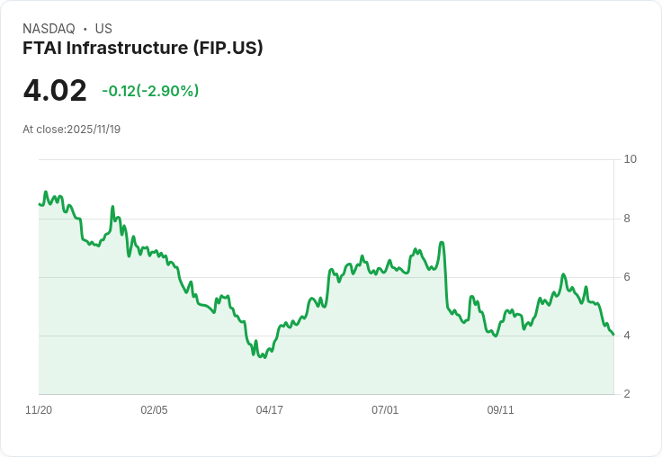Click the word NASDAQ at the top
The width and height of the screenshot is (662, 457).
(49, 29)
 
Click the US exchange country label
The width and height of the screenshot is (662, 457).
(103, 29)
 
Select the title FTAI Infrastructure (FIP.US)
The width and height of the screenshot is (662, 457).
(143, 48)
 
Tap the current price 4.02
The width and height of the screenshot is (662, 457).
(55, 90)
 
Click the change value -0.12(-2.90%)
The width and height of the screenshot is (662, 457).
(150, 91)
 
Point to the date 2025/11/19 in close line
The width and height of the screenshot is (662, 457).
(94, 130)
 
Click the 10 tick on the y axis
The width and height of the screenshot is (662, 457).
(630, 159)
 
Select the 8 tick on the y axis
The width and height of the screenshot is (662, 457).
(627, 218)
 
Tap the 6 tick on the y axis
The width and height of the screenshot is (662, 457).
(627, 276)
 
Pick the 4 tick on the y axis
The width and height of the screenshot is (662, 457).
(627, 336)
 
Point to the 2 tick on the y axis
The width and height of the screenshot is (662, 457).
(627, 394)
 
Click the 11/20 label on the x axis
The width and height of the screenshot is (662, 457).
(39, 410)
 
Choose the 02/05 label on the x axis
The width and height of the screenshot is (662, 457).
(154, 410)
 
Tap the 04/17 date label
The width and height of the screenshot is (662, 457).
(270, 410)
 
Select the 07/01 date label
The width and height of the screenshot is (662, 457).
(385, 410)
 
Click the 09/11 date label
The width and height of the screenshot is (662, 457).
(500, 410)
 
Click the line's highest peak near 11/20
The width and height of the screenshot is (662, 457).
(46, 192)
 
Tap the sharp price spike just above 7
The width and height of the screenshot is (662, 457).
(442, 242)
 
